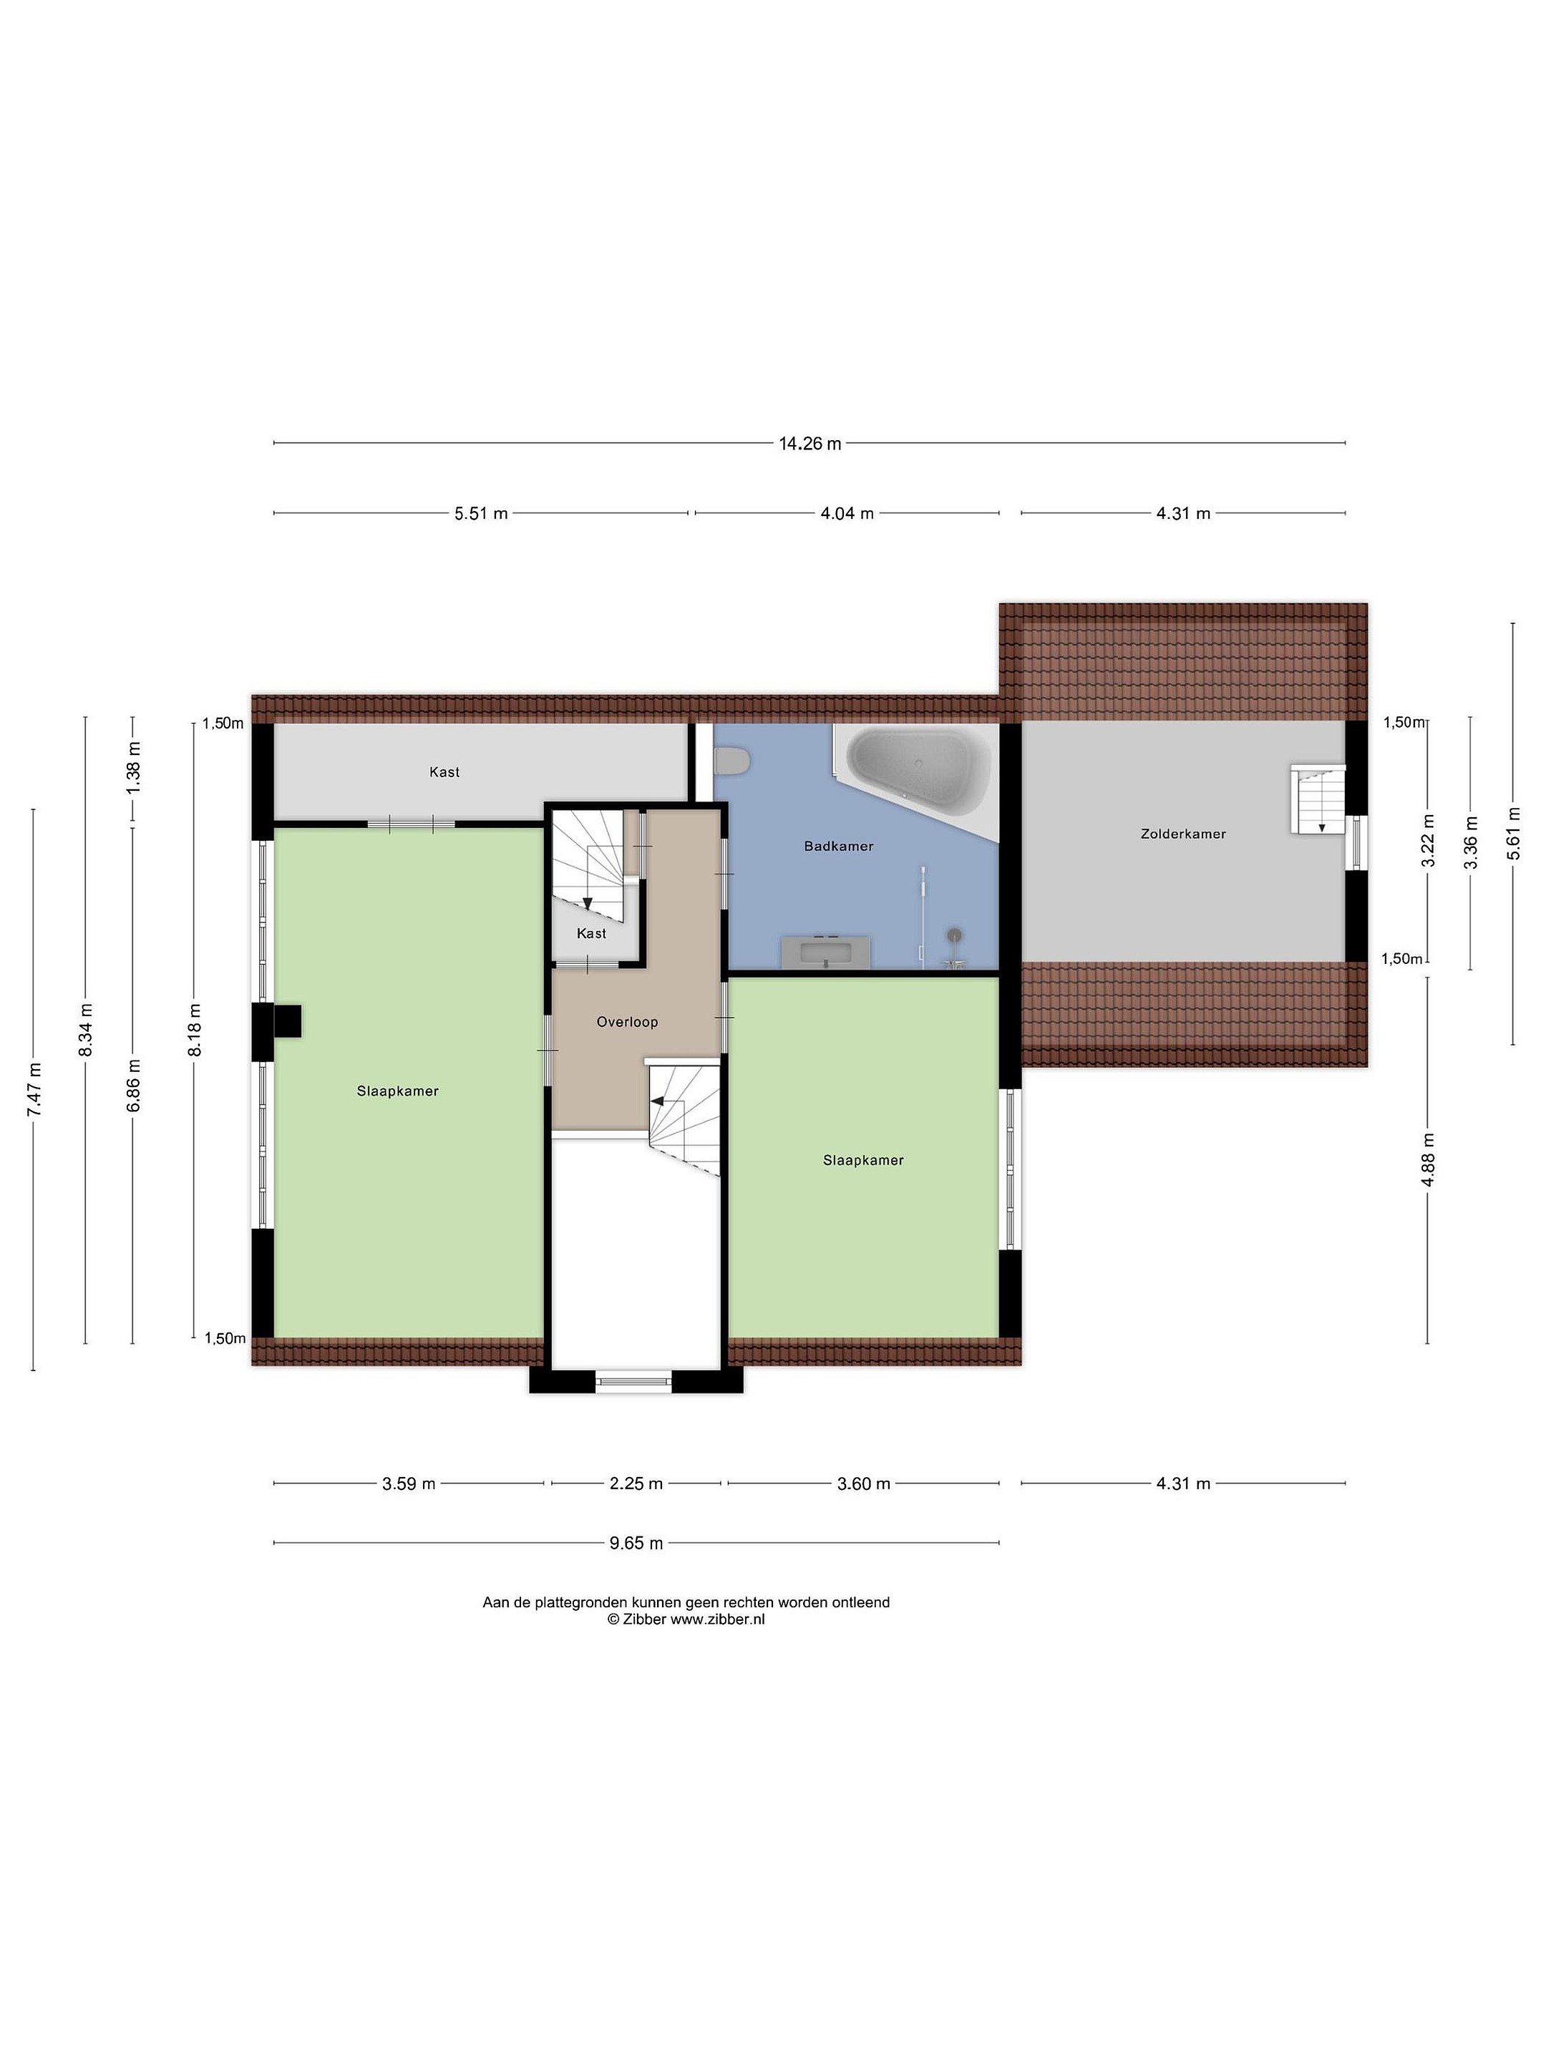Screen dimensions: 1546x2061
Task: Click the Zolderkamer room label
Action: pyautogui.click(x=1182, y=834)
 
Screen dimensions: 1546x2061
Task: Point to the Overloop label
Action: pyautogui.click(x=627, y=1022)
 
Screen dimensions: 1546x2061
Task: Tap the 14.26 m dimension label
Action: pyautogui.click(x=810, y=444)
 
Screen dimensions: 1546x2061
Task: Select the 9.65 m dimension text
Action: pyautogui.click(x=636, y=1543)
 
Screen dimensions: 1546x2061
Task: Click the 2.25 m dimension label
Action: pyautogui.click(x=636, y=1483)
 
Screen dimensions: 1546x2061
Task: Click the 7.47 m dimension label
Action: pyautogui.click(x=34, y=1089)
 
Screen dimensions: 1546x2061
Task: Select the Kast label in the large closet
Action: pyautogui.click(x=444, y=771)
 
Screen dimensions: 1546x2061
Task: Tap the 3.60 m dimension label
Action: pyautogui.click(x=864, y=1483)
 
